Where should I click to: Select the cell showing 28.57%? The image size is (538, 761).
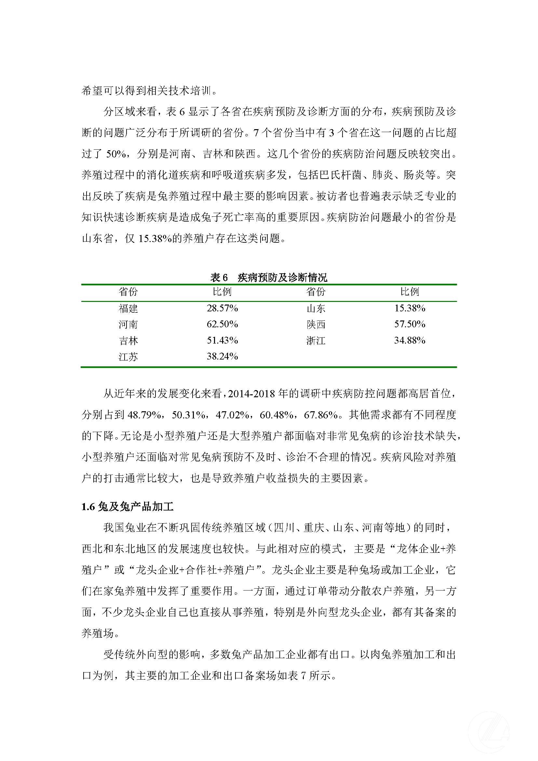coord(222,308)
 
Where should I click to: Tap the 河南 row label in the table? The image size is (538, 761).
coord(128,324)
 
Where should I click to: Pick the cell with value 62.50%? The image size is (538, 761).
coord(222,324)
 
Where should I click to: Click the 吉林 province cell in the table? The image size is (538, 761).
coord(128,341)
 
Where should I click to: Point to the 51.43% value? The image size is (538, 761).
coord(222,340)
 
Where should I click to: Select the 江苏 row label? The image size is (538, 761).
coord(128,357)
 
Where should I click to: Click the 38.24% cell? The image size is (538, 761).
coord(222,357)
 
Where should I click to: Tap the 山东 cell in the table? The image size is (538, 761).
coord(316,308)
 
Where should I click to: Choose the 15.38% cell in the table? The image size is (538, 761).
coord(410,308)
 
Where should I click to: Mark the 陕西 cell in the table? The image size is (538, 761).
coord(316,324)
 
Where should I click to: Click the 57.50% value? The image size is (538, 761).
coord(410,324)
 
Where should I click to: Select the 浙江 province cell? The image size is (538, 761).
coord(316,341)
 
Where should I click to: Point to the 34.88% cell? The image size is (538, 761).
coord(410,340)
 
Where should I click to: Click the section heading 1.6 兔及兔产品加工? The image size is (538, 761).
coord(128,507)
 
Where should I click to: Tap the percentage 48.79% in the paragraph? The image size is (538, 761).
coord(145,415)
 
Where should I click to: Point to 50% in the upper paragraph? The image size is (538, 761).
coord(116,154)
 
